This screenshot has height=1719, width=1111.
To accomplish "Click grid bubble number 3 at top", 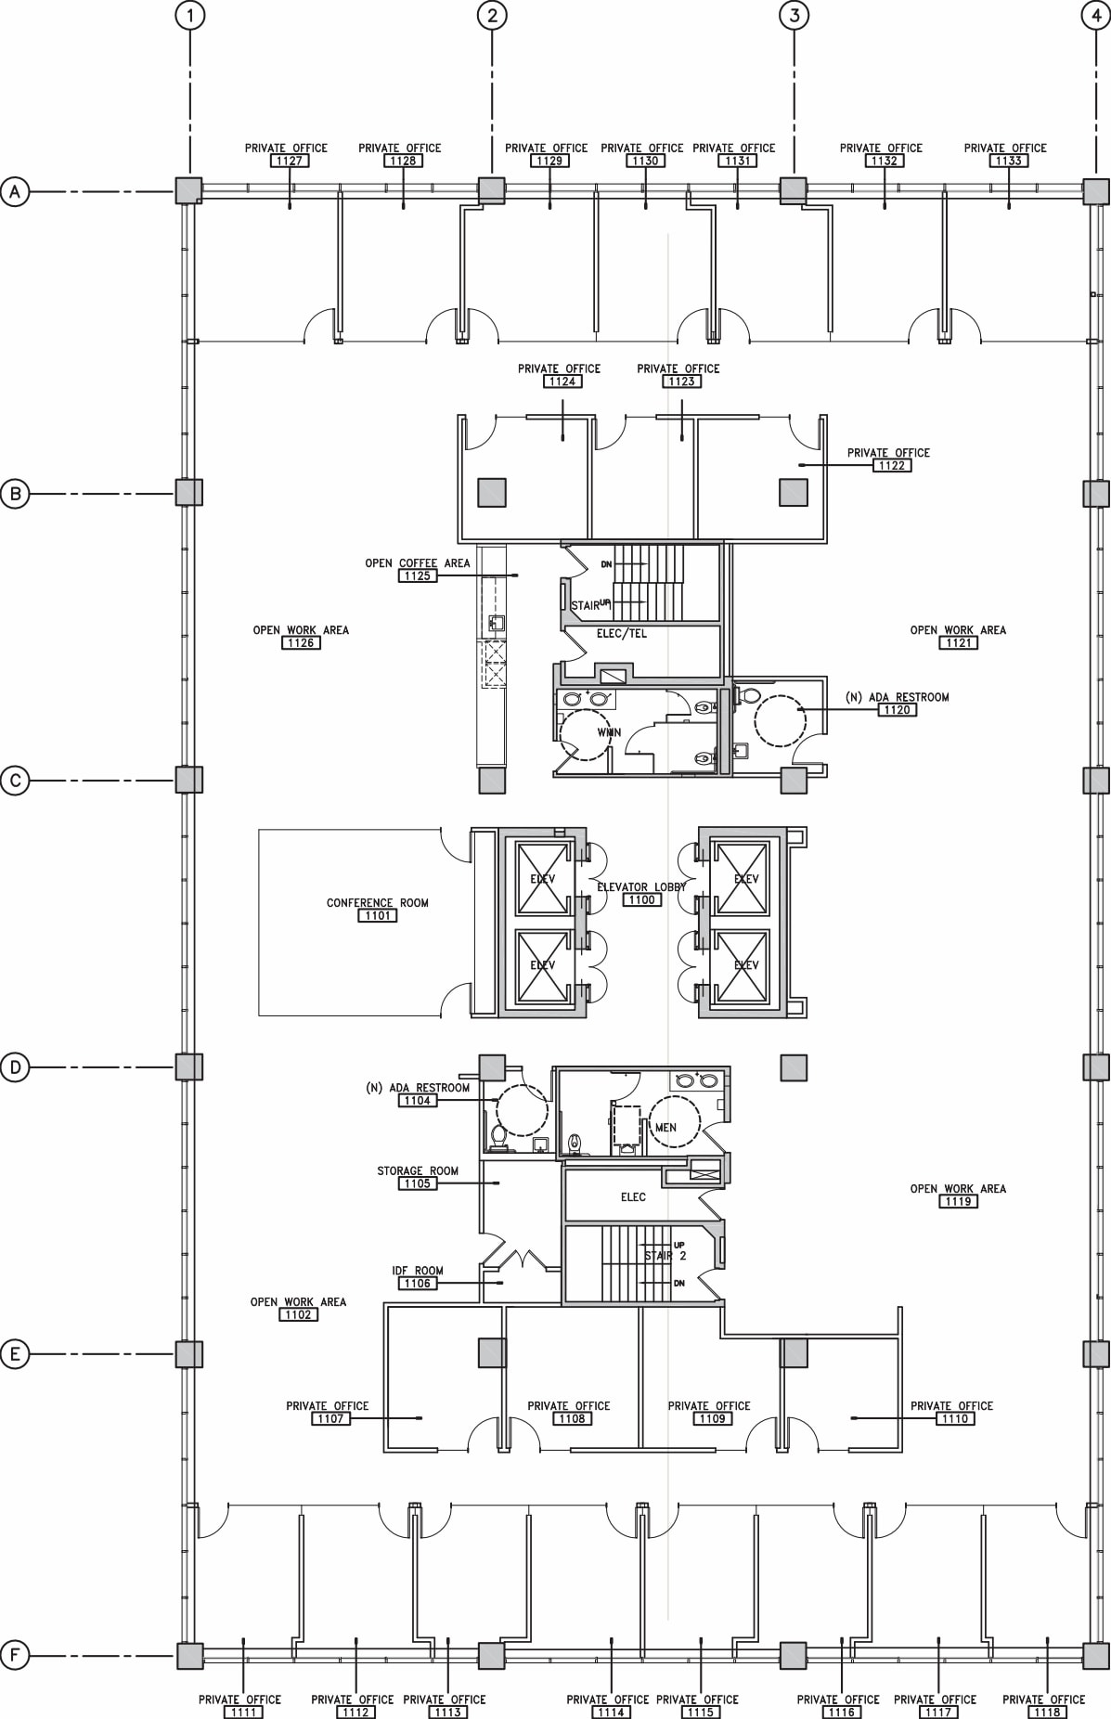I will click(794, 15).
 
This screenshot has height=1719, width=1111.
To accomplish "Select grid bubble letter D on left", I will click(15, 1067).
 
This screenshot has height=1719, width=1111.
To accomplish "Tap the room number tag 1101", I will click(377, 915).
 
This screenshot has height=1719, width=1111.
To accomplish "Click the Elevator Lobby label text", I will click(641, 886).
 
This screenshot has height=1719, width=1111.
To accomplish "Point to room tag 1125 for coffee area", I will click(417, 575).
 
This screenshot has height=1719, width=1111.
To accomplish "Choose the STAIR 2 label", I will click(665, 1256).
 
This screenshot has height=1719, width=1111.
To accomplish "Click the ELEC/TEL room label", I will click(621, 634).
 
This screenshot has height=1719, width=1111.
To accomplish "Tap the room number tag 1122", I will click(891, 465).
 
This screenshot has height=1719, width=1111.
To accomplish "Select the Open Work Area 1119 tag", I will click(958, 1201).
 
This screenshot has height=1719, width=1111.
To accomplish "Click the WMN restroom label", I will click(609, 732).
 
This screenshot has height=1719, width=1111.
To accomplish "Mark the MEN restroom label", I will click(665, 1128).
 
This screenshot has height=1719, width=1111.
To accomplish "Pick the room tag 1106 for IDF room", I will click(417, 1284).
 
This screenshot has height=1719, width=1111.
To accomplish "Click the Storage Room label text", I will click(418, 1170).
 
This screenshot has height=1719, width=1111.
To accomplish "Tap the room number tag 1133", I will click(1008, 161).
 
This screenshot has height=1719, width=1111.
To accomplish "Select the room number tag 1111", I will click(242, 1712).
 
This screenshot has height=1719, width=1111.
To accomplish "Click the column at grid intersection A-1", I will click(189, 191).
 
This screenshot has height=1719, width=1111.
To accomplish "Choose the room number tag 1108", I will click(572, 1418).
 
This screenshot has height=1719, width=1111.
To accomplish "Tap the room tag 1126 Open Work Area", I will click(301, 642).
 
